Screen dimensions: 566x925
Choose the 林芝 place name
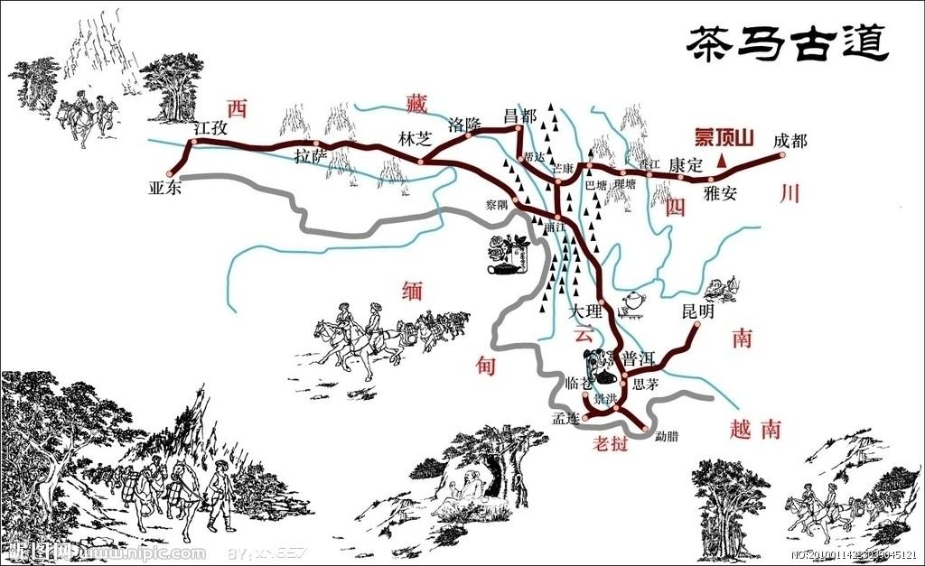click(x=414, y=138)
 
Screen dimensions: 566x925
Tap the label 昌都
click(x=519, y=116)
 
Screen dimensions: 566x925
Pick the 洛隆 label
click(x=465, y=125)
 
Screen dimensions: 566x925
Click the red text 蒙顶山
click(x=723, y=137)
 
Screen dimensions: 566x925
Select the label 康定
click(x=686, y=166)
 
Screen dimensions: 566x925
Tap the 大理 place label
click(x=584, y=311)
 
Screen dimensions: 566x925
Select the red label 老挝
click(x=610, y=443)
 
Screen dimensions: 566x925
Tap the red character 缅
click(x=412, y=292)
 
